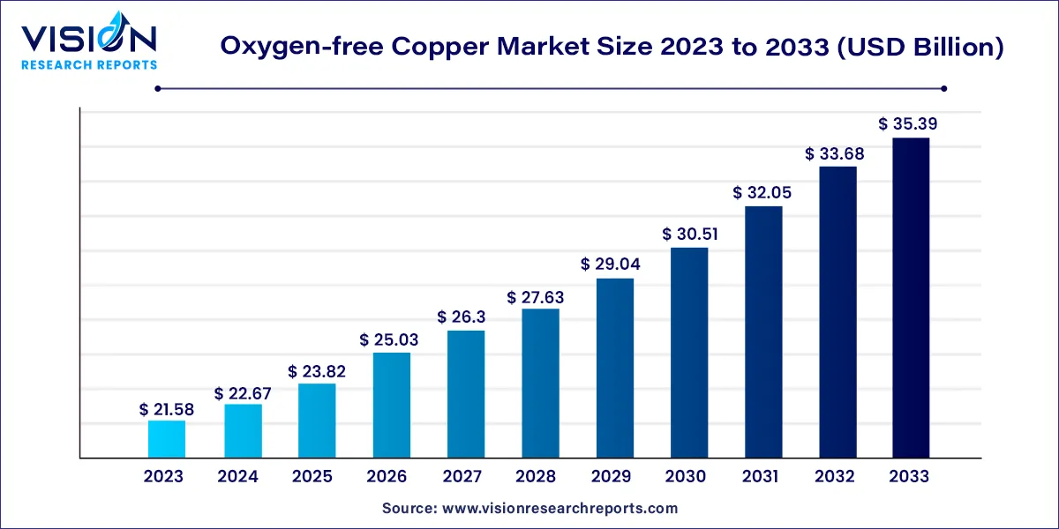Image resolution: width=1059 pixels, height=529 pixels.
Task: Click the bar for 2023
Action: pos(167,439)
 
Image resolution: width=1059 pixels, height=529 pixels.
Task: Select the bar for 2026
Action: pos(391,405)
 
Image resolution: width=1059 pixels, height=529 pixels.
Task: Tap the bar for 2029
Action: pos(615,368)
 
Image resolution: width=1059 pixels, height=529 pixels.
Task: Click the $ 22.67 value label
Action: pos(243,393)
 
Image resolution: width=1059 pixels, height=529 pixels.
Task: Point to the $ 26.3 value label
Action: pos(466,317)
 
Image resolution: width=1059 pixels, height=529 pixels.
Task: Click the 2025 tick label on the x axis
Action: pos(312,477)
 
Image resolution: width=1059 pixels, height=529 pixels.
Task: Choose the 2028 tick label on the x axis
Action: pos(537,477)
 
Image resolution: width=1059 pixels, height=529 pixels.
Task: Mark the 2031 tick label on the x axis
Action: pos(760,477)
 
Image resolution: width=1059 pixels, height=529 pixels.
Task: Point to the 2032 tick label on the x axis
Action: pos(835,477)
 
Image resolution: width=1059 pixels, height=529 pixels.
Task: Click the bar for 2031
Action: pos(764,332)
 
